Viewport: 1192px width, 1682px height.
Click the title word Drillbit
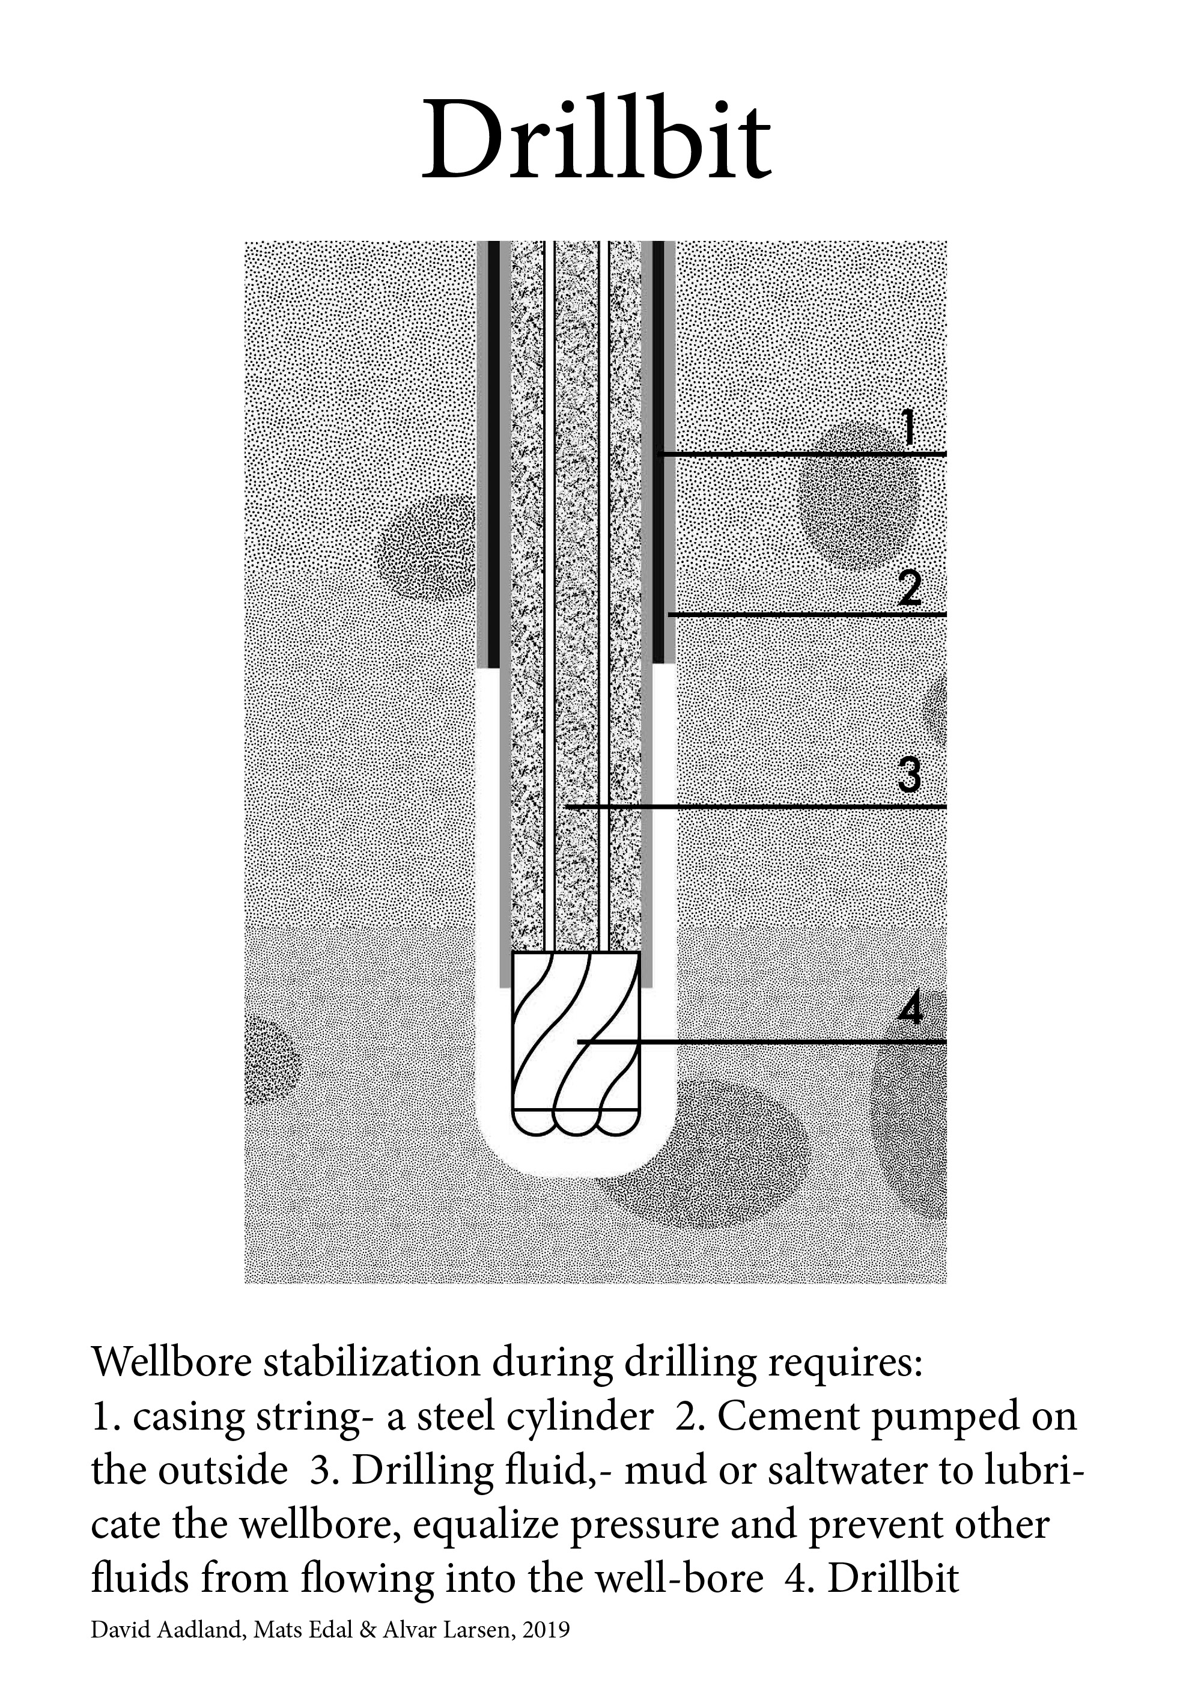point(596,139)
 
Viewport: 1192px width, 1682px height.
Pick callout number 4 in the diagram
point(910,1009)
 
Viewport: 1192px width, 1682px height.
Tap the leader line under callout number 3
point(756,807)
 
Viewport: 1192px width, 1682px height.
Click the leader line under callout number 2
point(807,613)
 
